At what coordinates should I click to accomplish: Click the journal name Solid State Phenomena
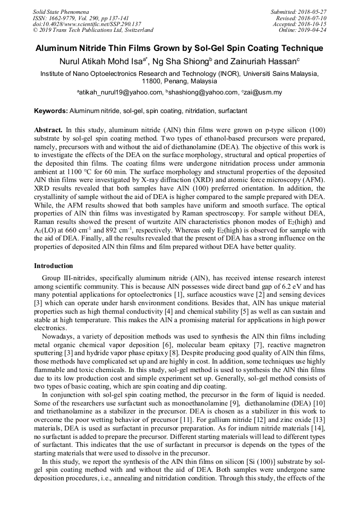(61, 11)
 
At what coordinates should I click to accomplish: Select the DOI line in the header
(87, 24)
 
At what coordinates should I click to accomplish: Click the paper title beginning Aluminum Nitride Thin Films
(179, 48)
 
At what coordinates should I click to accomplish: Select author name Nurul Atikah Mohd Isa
(100, 61)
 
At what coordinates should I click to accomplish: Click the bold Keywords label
(50, 111)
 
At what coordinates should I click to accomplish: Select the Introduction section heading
(54, 266)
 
